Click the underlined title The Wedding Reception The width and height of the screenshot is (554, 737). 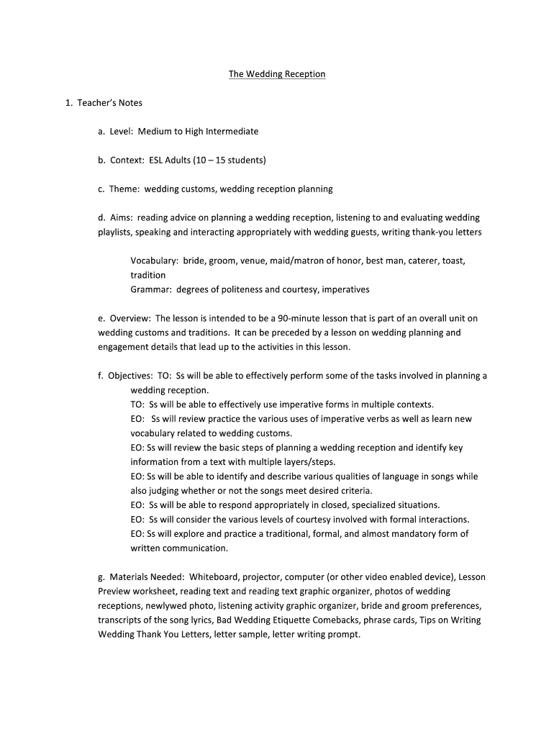coord(277,74)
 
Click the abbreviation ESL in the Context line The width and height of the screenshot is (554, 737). coord(157,160)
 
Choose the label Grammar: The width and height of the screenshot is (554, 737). coord(152,289)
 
